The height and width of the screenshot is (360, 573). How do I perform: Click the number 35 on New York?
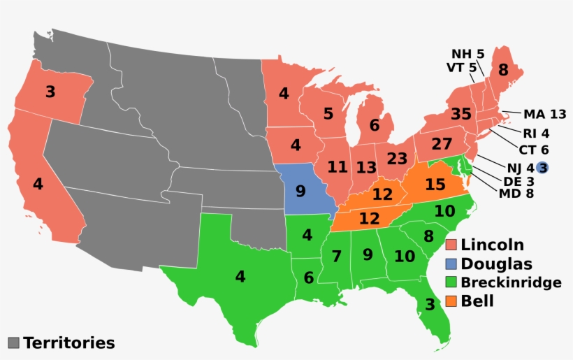(x=460, y=114)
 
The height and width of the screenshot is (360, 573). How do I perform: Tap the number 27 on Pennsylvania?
(x=442, y=145)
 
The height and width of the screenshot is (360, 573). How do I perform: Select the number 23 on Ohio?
(x=397, y=158)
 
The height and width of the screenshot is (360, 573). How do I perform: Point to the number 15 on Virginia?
(x=435, y=185)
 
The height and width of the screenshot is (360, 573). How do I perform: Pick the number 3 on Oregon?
(x=50, y=92)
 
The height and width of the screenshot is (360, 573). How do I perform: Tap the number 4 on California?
(x=38, y=185)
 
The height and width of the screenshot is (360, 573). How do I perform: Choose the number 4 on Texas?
(x=240, y=276)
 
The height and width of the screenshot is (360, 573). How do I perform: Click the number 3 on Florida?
(x=429, y=305)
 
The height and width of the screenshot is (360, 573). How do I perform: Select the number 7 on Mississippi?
(x=337, y=257)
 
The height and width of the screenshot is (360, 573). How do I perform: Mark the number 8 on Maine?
(x=503, y=70)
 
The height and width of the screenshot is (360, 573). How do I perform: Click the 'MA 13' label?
(x=544, y=114)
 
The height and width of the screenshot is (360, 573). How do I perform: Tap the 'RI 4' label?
(x=536, y=133)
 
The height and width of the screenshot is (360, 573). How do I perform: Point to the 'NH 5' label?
(x=467, y=54)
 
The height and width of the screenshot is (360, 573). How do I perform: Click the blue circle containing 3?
(x=542, y=167)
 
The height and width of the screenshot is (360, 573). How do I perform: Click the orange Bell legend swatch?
(x=451, y=301)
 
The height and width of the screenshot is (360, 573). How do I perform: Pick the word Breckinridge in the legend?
(x=511, y=282)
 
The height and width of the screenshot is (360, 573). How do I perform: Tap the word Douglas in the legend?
(x=496, y=264)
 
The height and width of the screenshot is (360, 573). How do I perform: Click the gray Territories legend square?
(x=13, y=343)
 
